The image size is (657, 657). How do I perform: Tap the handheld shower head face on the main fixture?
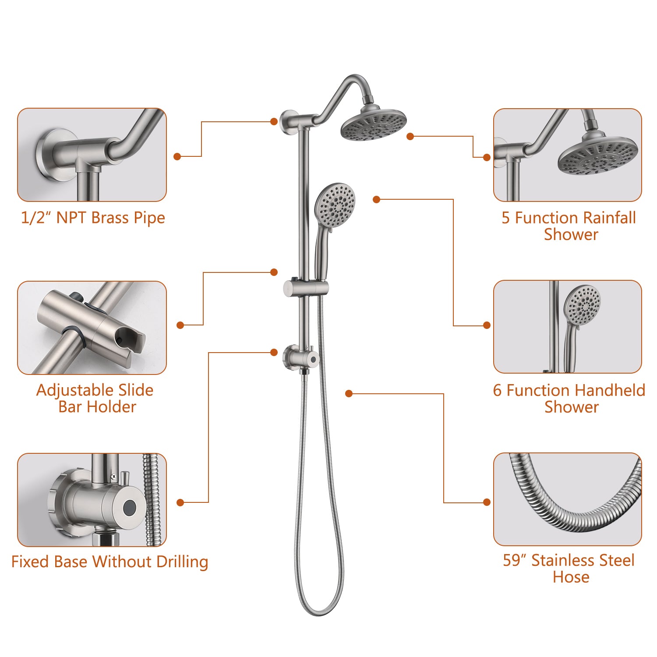[x=336, y=204]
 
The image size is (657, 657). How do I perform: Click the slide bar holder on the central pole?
[x=306, y=288]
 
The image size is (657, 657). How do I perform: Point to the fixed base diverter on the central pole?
[x=301, y=357]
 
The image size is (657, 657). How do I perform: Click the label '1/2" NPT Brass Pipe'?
[x=93, y=218]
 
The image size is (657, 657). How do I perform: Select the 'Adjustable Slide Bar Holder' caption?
[x=95, y=398]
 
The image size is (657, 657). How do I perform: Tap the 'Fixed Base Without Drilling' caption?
[x=109, y=562]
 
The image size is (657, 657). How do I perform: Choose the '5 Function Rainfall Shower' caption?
[x=569, y=226]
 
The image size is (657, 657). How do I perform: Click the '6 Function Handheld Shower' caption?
[x=569, y=398]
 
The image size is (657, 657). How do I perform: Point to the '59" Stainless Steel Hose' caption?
[x=569, y=568]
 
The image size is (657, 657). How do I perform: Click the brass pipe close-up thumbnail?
[x=92, y=155]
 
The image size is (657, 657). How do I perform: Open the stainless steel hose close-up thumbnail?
[x=568, y=499]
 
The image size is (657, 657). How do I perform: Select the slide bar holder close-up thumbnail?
[x=92, y=328]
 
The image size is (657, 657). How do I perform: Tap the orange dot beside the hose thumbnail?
[x=487, y=502]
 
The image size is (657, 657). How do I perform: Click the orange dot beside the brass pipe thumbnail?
[x=177, y=156]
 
